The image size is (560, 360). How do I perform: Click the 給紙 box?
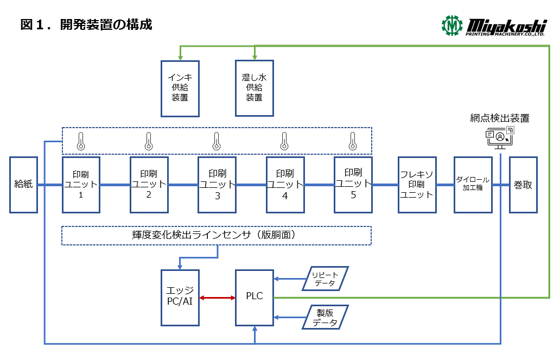coord(23,185)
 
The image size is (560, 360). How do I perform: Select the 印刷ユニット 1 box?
coord(81,185)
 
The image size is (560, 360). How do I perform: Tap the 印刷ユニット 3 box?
coord(217,185)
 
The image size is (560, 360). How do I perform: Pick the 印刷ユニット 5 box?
coord(353,185)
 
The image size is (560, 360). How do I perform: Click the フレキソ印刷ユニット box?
coord(417,185)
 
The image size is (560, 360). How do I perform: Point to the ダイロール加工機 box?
coord(473,185)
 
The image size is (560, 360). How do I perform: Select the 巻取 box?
coord(523,185)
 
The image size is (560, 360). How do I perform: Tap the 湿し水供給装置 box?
coord(254,88)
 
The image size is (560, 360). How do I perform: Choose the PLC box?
coord(254,297)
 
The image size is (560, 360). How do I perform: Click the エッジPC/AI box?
coord(180,297)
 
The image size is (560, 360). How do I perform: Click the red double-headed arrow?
coord(217,298)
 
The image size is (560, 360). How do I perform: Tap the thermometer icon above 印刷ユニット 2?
coord(148,141)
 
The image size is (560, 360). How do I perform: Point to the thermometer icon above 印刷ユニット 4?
coord(284,141)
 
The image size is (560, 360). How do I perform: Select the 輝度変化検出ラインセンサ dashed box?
coord(217,235)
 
